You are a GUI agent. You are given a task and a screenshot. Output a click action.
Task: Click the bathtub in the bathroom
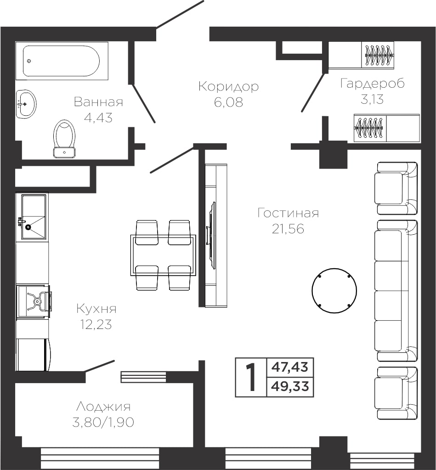(62, 61)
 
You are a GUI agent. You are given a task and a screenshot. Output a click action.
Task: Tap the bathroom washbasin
(26, 104)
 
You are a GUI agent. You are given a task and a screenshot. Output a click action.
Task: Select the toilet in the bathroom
(64, 138)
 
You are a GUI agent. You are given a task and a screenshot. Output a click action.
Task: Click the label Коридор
(228, 86)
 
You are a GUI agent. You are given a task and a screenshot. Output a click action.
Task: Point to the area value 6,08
(228, 102)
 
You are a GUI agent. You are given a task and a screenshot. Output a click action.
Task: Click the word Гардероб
(373, 83)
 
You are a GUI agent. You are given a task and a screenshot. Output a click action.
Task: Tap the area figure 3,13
(372, 99)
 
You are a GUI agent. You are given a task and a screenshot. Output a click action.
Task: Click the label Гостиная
(288, 213)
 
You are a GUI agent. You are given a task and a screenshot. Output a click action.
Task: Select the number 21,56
(288, 229)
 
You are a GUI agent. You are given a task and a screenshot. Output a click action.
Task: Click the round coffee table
(334, 290)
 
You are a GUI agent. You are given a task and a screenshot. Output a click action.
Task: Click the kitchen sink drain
(28, 227)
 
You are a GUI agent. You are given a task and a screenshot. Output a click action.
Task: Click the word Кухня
(96, 308)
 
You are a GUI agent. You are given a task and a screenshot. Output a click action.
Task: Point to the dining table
(163, 255)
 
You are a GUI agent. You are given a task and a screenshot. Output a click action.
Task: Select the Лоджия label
(103, 407)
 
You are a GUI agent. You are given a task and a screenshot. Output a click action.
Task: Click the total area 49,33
(290, 387)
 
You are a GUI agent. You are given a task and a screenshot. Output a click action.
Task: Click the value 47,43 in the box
(290, 367)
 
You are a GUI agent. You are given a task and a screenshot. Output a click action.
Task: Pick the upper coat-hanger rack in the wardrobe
(378, 55)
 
